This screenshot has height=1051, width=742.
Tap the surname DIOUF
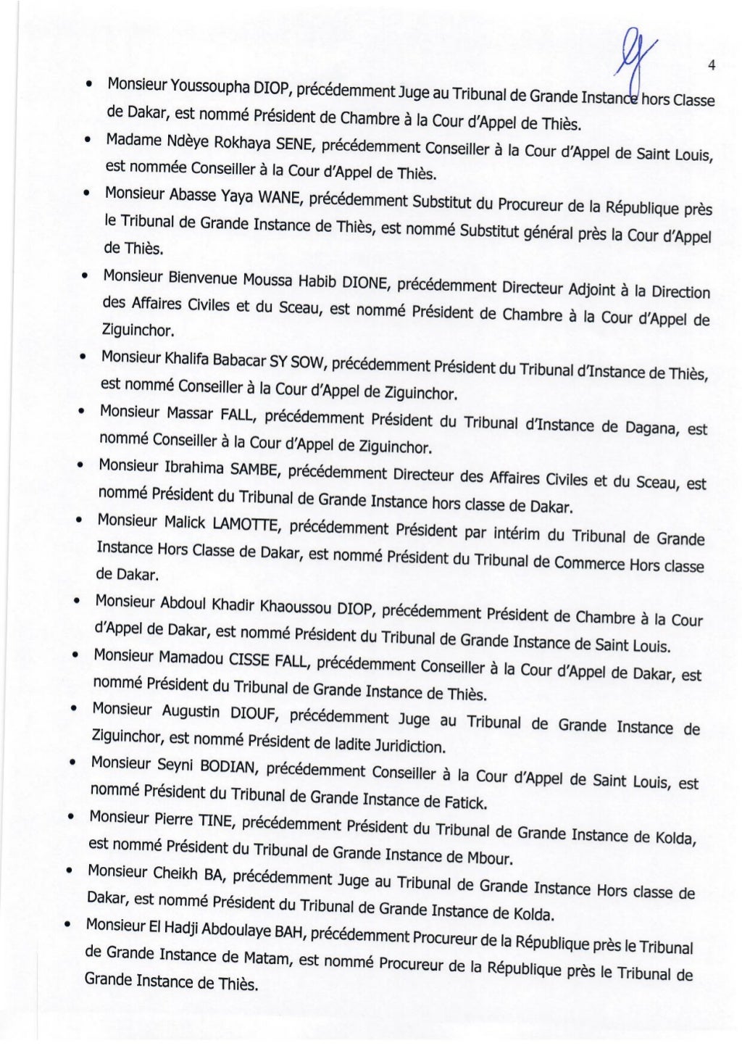tap(251, 714)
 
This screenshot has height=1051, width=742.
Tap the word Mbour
tap(489, 858)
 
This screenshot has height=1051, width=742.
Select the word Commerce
tap(588, 563)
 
